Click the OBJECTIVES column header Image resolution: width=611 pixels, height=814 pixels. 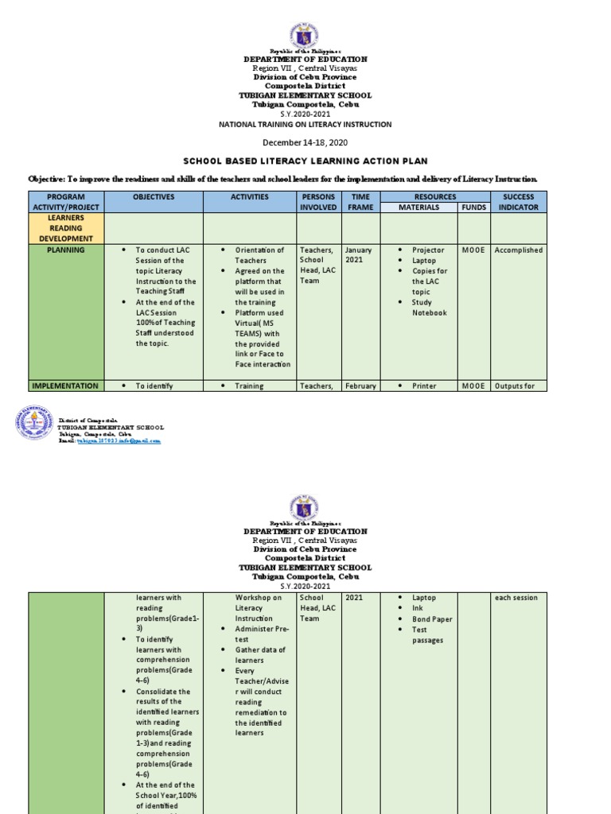point(154,197)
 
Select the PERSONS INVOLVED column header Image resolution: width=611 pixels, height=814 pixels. point(318,202)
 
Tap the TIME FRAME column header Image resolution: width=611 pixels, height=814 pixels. point(361,202)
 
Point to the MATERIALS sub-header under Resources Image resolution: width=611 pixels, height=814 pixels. point(418,207)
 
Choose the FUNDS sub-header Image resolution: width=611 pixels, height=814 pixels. point(473,207)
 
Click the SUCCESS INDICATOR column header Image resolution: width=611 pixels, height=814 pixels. point(518,202)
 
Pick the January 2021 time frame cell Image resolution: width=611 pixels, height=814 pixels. point(359,255)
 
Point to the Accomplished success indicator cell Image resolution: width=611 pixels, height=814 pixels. point(518,250)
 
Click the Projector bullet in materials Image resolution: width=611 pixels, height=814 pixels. point(428,250)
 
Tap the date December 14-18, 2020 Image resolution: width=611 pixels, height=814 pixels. point(305,142)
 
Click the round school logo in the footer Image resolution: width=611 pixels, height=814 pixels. point(34,423)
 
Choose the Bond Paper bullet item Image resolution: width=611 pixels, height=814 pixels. point(432,619)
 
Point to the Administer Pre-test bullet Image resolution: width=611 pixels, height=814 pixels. point(253,634)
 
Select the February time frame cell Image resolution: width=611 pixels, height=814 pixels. point(360,386)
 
